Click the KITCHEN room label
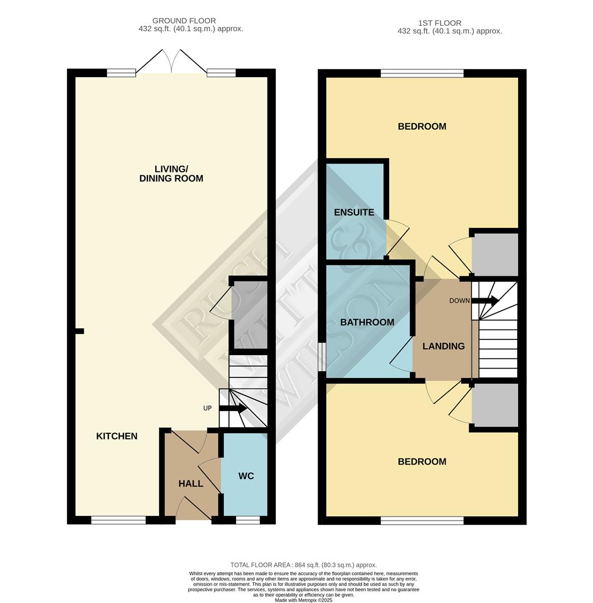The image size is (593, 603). click(117, 436)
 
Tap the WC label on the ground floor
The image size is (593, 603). click(246, 476)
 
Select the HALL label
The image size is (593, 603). click(190, 484)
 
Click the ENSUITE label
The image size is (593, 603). click(354, 212)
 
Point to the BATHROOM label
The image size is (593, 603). click(367, 322)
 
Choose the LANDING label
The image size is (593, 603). click(443, 346)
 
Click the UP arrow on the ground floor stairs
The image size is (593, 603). click(233, 408)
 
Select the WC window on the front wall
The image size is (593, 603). click(247, 520)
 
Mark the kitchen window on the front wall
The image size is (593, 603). click(118, 520)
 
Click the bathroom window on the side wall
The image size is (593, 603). click(322, 356)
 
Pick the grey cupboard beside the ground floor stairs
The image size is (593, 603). click(249, 315)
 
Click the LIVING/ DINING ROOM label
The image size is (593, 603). click(171, 174)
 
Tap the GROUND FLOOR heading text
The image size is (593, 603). click(184, 21)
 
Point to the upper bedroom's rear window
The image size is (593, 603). click(422, 73)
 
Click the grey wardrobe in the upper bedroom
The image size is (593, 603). click(495, 254)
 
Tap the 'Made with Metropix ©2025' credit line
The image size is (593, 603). click(303, 600)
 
